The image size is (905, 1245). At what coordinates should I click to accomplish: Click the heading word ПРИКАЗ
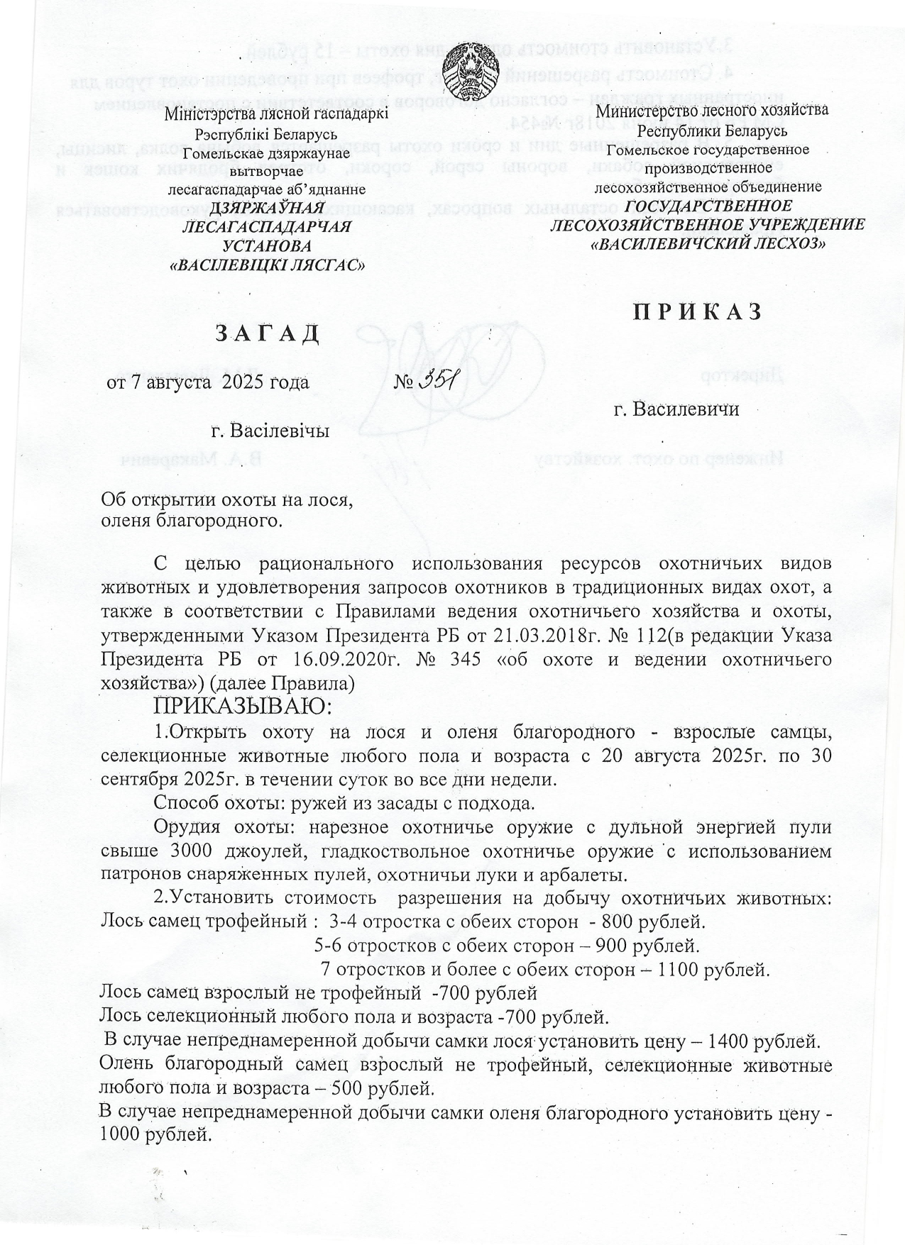pyautogui.click(x=698, y=312)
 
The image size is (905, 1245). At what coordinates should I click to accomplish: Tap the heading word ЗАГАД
pyautogui.click(x=268, y=333)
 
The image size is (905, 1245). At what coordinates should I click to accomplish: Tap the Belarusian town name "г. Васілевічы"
pyautogui.click(x=269, y=431)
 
